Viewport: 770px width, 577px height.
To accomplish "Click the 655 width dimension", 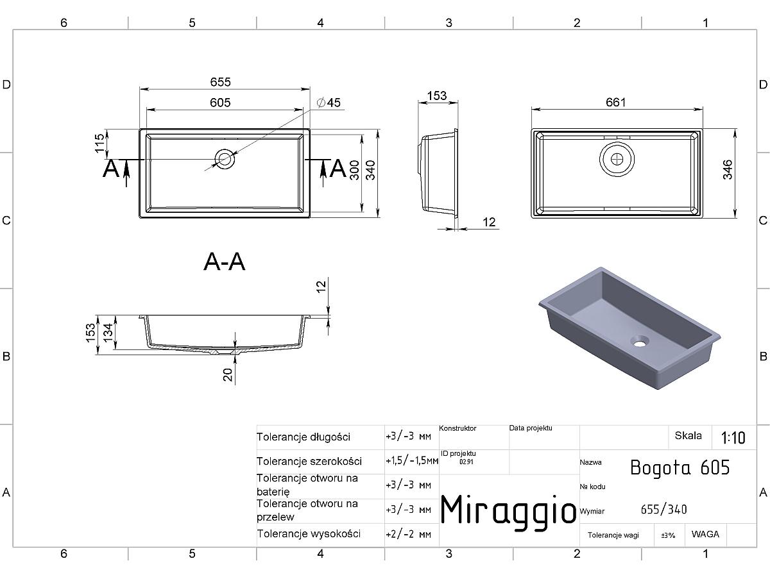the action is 220,82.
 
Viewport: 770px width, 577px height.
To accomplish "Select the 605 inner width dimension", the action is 220,103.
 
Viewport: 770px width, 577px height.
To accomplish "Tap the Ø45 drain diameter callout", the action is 329,103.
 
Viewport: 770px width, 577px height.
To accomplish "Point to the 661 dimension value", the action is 615,103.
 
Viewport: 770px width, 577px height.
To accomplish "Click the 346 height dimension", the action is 728,169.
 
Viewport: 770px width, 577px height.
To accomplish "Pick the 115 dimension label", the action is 99,143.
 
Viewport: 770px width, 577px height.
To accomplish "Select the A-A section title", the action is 224,262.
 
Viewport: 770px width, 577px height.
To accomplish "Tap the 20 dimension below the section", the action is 228,374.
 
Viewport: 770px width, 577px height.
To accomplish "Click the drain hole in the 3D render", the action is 640,341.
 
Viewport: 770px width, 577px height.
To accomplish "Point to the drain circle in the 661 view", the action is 617,159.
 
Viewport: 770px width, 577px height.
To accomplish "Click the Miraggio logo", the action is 508,510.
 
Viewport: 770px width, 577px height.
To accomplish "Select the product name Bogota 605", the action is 680,467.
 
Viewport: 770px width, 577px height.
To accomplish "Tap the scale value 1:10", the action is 733,438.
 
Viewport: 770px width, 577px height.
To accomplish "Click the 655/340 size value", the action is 663,510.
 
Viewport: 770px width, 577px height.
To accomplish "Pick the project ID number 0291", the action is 466,462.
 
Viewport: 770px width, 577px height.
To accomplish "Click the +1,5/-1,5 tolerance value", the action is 412,461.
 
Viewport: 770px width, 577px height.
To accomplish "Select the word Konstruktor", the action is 458,428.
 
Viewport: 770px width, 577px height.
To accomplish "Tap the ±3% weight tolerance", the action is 668,535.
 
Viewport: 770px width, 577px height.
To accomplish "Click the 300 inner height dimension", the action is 355,170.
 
